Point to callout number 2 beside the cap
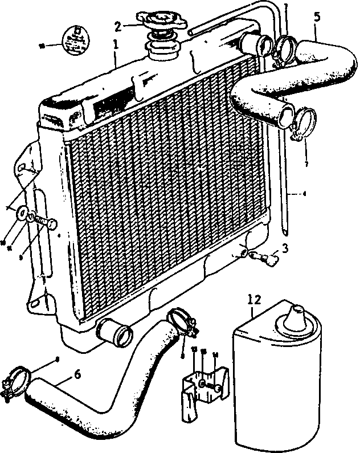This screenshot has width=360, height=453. click(x=118, y=26)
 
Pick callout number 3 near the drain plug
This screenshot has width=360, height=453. click(x=285, y=248)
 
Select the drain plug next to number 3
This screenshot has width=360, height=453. click(x=266, y=258)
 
